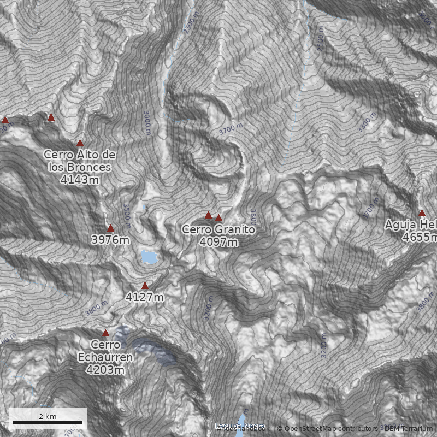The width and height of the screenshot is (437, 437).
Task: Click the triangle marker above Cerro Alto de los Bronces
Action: (80, 143)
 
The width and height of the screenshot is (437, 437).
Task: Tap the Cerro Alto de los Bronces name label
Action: (79, 161)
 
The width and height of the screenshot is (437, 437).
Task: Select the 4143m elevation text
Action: (80, 179)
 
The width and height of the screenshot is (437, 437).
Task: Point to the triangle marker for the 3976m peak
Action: (110, 228)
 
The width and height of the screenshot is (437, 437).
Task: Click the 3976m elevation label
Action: (110, 240)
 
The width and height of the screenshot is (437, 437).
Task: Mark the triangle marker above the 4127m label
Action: (145, 286)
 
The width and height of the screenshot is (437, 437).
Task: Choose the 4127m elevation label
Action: (145, 297)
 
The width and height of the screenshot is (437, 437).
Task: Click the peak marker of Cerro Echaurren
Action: (105, 333)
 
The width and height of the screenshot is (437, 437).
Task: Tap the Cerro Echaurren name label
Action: (105, 351)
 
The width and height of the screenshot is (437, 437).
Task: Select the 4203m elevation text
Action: (105, 370)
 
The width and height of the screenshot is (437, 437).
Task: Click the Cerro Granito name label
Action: (218, 230)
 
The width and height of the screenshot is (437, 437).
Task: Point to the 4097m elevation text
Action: (218, 241)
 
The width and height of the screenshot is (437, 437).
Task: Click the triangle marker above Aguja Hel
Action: (422, 212)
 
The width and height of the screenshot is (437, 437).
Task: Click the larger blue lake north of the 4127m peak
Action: (147, 256)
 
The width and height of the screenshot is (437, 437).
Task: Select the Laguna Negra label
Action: (240, 426)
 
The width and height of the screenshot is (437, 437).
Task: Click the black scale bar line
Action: (48, 422)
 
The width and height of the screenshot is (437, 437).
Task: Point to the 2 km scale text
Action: (48, 416)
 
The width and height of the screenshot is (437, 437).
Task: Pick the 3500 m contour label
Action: (126, 212)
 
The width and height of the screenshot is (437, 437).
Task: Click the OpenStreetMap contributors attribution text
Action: (328, 428)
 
